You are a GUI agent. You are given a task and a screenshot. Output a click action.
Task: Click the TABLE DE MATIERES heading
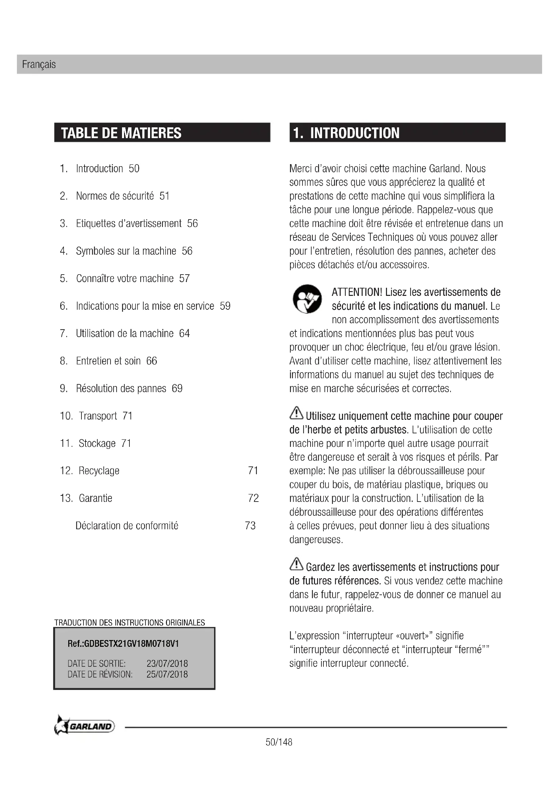coord(121,133)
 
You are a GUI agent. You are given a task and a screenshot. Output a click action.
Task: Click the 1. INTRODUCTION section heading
coord(346,133)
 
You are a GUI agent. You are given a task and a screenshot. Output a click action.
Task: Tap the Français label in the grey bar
coord(39,65)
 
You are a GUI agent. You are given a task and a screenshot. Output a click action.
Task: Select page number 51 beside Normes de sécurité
coord(165,196)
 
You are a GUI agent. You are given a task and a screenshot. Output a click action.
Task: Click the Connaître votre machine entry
coord(125,278)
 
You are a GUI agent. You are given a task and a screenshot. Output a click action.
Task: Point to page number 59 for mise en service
coord(225,306)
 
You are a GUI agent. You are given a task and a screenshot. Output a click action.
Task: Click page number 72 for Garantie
coord(253,498)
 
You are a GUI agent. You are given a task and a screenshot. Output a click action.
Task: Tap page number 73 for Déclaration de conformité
coord(250,526)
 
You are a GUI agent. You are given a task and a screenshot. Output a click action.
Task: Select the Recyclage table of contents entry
coord(99,471)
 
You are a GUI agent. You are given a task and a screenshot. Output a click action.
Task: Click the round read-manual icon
coord(307,299)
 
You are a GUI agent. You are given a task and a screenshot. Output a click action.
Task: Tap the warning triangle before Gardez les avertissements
coord(296,564)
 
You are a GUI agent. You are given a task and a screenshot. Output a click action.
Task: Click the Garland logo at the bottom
coord(84,727)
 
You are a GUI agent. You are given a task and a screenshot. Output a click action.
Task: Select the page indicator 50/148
coord(279,742)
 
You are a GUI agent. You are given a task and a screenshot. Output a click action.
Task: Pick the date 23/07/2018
coord(167,663)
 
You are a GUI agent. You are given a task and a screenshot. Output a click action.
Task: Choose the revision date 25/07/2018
coord(167,674)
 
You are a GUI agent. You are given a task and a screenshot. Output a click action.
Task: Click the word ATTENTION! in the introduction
coord(357,292)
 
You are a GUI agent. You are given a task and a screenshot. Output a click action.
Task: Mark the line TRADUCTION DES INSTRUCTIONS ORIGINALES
coord(129,622)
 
